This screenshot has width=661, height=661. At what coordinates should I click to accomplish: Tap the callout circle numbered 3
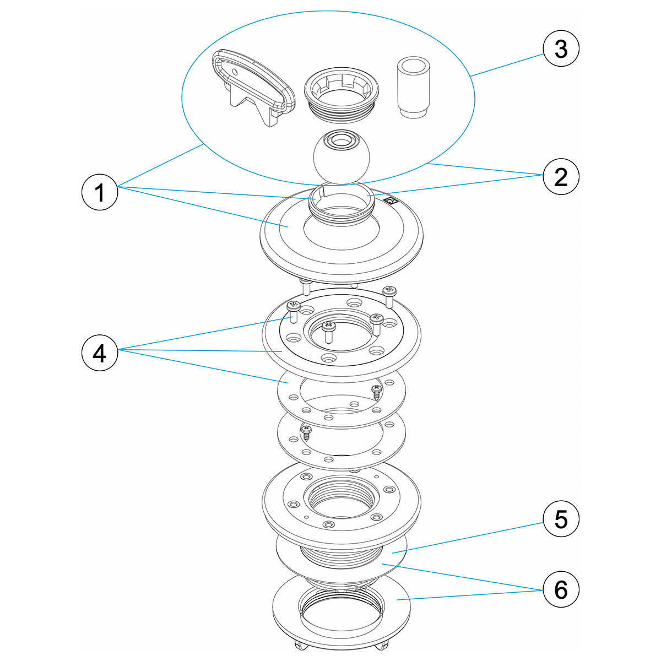pos(561,50)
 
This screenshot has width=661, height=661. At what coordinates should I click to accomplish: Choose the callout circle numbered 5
pos(561,519)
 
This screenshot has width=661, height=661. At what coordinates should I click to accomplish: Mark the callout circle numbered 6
pos(561,590)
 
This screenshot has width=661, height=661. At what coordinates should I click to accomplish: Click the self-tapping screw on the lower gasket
pos(306,430)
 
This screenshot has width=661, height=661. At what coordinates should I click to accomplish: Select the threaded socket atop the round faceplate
pos(338,204)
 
